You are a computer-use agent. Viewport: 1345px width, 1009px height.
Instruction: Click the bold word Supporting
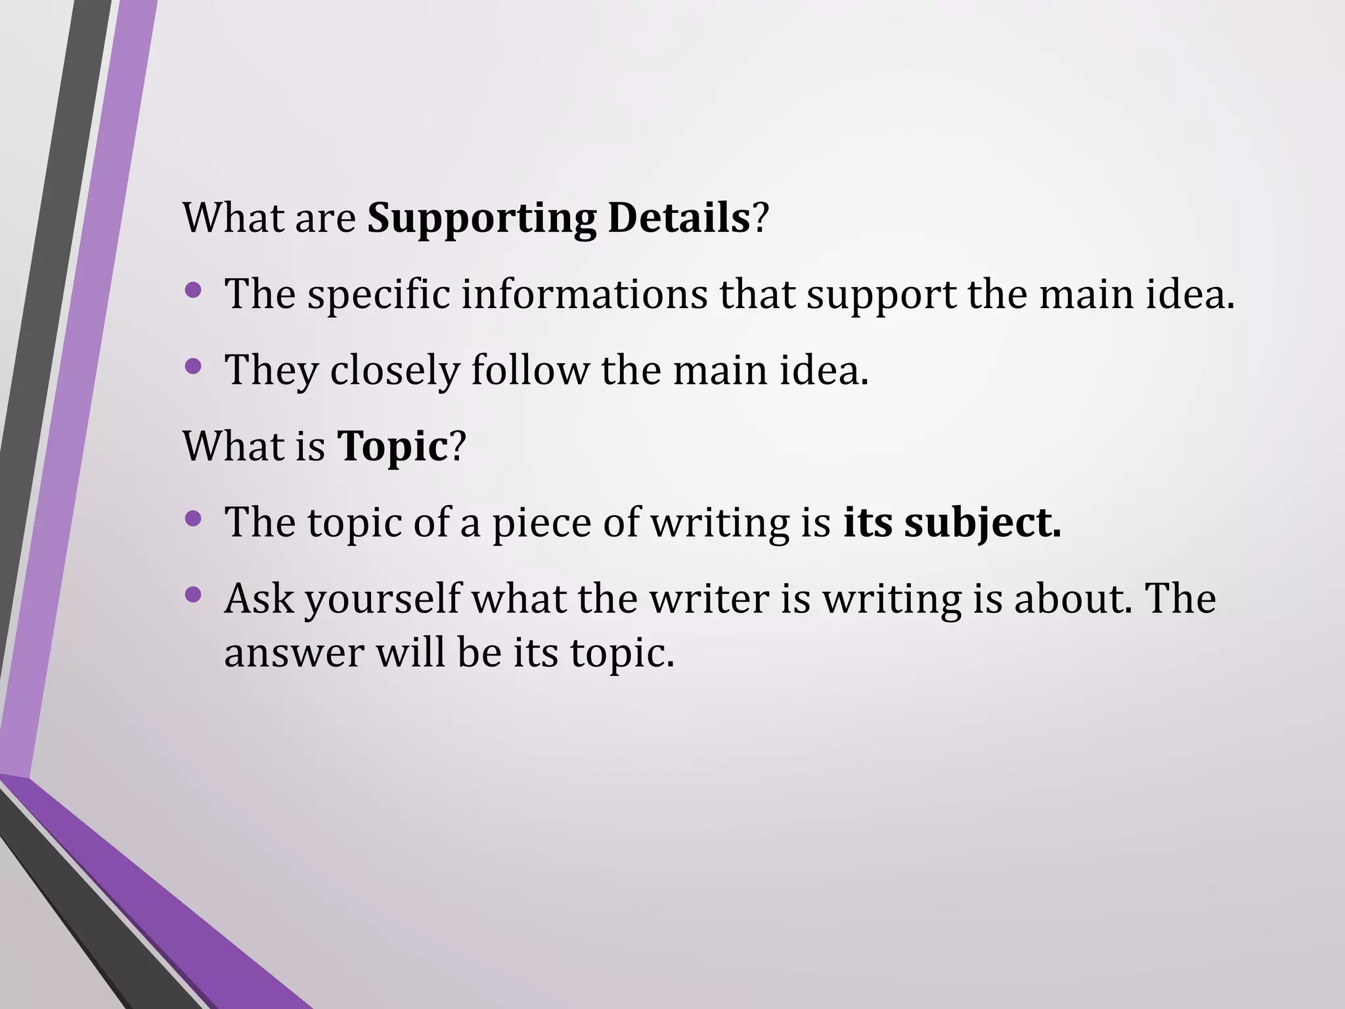(481, 219)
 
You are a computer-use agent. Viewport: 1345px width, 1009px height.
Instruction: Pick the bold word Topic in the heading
(392, 447)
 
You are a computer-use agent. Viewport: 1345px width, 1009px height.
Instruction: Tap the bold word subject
(982, 524)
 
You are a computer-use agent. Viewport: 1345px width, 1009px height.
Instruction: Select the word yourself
(383, 600)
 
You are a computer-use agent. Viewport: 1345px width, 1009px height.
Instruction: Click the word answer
(294, 654)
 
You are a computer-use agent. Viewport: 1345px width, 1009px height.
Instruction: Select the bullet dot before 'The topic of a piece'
(193, 519)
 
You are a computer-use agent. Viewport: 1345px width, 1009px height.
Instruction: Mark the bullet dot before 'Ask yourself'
(193, 595)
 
